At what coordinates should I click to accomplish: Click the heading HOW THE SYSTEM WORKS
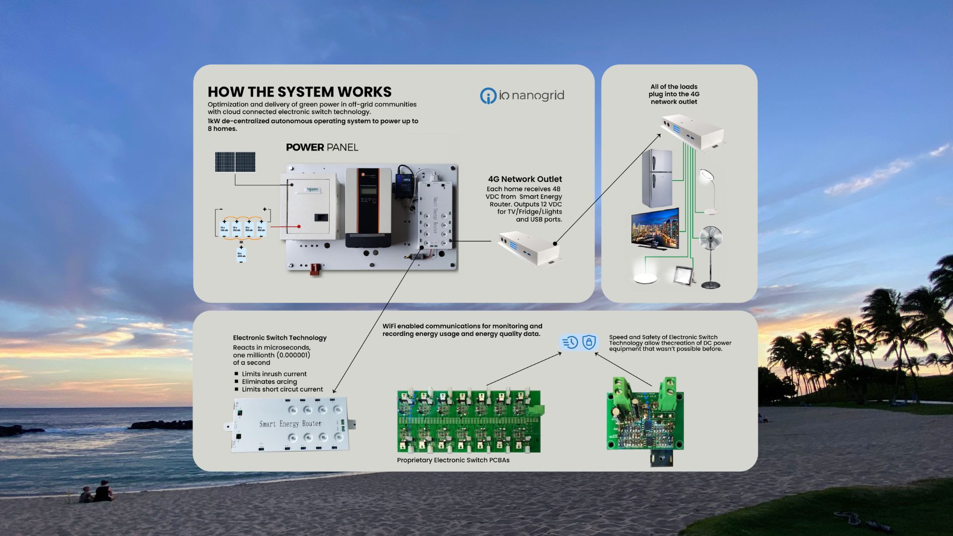tap(299, 92)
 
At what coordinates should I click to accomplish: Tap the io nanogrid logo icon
tap(488, 96)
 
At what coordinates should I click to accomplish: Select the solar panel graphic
tap(235, 162)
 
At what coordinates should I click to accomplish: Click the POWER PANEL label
tap(322, 147)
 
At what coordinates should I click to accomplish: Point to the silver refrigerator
tap(657, 179)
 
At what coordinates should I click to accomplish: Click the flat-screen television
tap(655, 228)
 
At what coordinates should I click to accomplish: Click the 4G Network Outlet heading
tap(525, 179)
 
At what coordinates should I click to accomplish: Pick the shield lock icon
tap(589, 342)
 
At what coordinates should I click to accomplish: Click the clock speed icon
tap(570, 342)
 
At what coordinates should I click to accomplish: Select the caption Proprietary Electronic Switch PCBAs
tap(453, 460)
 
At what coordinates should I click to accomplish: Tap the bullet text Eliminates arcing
tap(269, 382)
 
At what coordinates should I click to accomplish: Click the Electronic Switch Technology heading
tap(279, 338)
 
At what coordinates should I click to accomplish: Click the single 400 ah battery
tap(241, 255)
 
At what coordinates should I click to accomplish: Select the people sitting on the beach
tap(97, 492)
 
